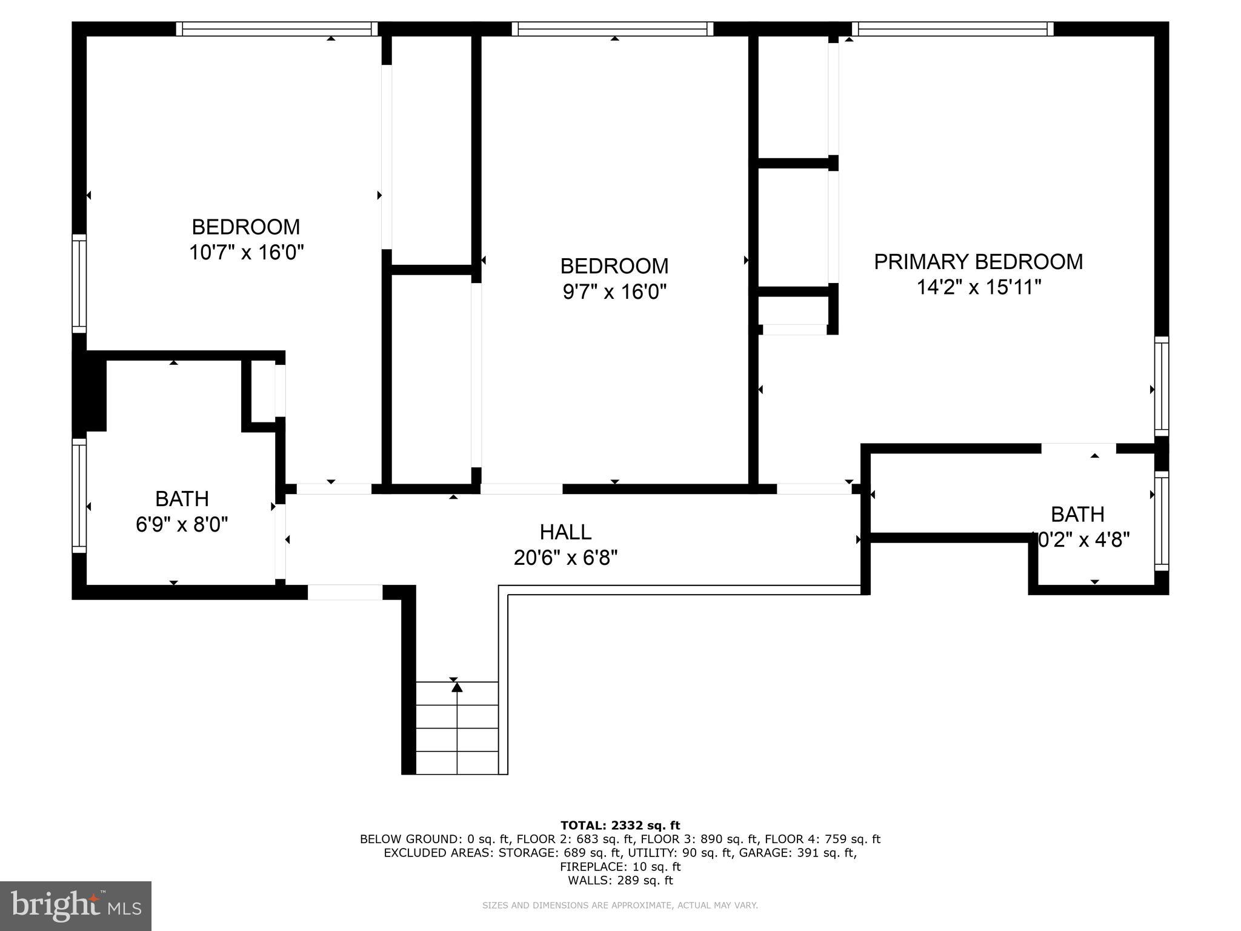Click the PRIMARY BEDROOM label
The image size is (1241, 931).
tap(978, 262)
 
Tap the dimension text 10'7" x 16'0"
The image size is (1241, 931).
tap(246, 252)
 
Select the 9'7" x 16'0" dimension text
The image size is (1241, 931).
tap(614, 292)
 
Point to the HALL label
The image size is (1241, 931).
tap(565, 532)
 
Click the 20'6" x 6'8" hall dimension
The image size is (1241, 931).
tap(565, 558)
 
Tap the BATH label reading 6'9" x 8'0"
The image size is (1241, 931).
tap(182, 499)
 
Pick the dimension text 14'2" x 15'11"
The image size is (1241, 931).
tap(978, 287)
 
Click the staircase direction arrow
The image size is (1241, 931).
tap(457, 687)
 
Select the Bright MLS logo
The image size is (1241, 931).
tap(76, 906)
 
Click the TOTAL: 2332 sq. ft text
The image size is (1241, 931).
tap(620, 826)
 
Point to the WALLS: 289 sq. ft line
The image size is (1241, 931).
tap(620, 881)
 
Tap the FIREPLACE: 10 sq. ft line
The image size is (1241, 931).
tap(620, 867)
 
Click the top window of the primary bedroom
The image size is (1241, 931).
tap(953, 29)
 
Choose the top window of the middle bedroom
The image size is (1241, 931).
tap(612, 29)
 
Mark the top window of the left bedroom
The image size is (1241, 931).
tap(277, 29)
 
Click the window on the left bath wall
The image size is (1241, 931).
tap(79, 496)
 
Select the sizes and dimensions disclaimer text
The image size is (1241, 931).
tap(620, 906)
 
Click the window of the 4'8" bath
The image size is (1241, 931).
tap(1161, 521)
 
